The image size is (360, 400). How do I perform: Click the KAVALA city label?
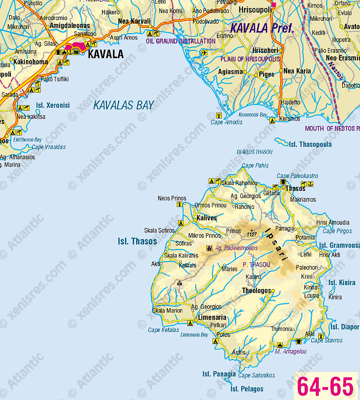click(106, 54)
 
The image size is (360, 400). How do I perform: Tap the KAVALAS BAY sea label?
click(123, 105)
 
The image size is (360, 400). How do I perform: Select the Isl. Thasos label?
click(138, 242)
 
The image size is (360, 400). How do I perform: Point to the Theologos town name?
click(256, 291)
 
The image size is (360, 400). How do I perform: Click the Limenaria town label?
click(212, 318)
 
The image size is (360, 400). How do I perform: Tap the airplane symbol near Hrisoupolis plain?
click(204, 53)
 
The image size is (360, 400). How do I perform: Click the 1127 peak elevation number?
click(252, 234)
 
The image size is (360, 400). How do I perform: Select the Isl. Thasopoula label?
click(310, 144)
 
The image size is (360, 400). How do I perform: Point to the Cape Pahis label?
click(255, 166)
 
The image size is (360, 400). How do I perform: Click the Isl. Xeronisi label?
click(53, 105)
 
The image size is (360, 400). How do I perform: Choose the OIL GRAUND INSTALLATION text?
click(181, 41)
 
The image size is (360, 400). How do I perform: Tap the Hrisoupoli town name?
click(255, 9)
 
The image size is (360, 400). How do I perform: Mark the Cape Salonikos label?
click(256, 375)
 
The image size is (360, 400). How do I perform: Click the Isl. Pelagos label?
click(247, 389)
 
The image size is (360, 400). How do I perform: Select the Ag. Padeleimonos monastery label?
click(237, 248)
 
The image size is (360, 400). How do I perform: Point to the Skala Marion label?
click(167, 311)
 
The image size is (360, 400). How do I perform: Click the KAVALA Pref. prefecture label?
click(262, 28)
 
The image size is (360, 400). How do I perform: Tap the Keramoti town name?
click(290, 119)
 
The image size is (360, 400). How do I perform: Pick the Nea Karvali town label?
click(134, 21)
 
